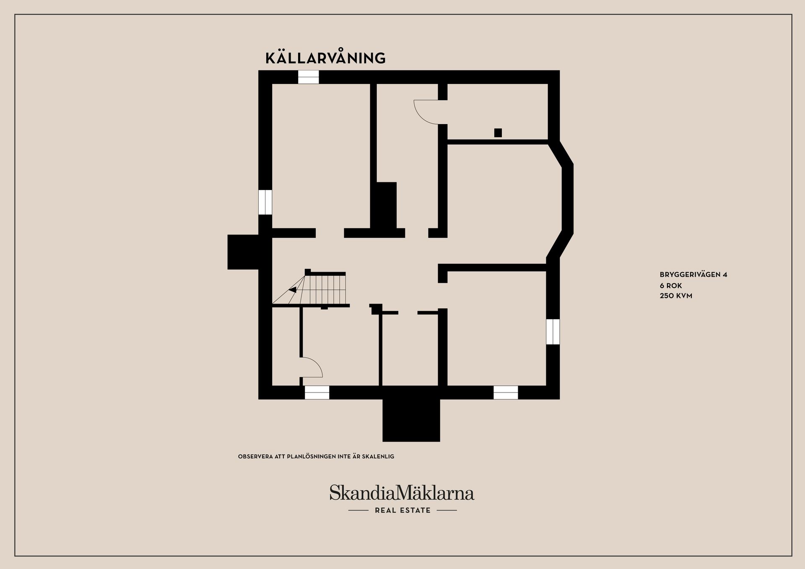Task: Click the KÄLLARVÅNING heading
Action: (x=325, y=58)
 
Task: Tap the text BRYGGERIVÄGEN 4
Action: (x=693, y=275)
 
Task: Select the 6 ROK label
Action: (x=671, y=286)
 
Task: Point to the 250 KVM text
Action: (x=676, y=296)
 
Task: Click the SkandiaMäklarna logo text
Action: (x=402, y=493)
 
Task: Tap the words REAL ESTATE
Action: (x=402, y=510)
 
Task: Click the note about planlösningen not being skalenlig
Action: (x=316, y=456)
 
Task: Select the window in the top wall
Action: (x=308, y=77)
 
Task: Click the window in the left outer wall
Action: (x=265, y=202)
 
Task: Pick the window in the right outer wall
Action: (x=553, y=332)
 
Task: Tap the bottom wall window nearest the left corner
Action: (x=317, y=392)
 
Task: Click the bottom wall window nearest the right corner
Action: (x=505, y=392)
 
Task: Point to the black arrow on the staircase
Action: (x=293, y=289)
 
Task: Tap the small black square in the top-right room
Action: (x=498, y=133)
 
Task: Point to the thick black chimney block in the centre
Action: (x=386, y=205)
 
